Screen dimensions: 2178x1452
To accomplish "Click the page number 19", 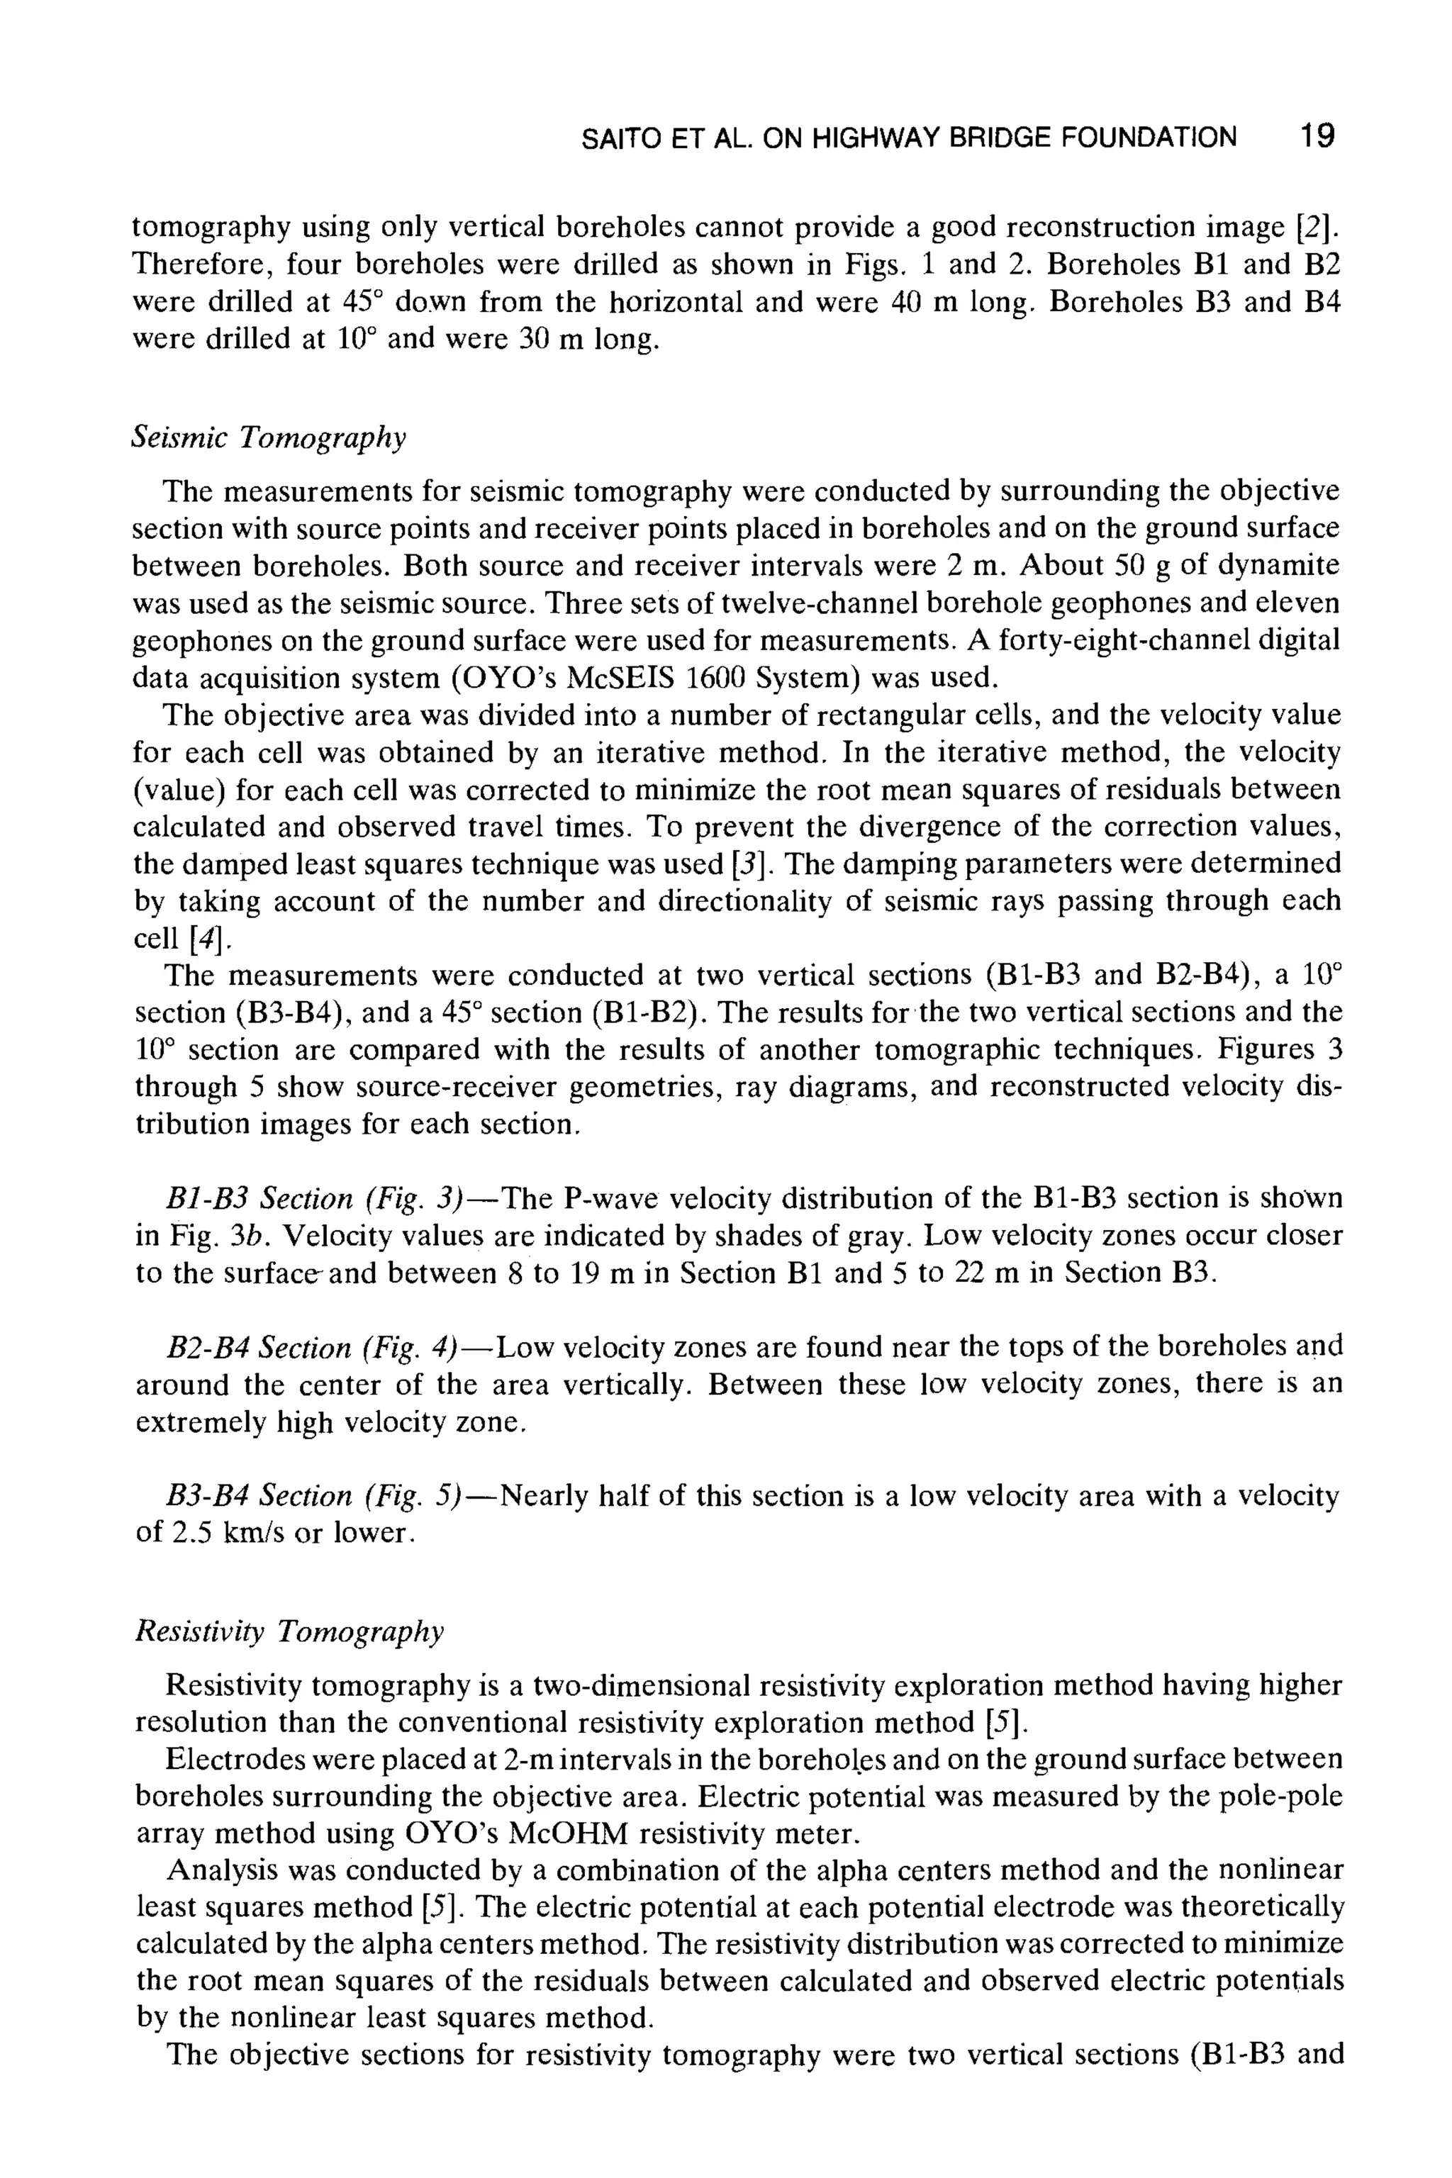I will tap(1316, 137).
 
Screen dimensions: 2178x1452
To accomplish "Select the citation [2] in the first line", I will tap(1319, 227).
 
